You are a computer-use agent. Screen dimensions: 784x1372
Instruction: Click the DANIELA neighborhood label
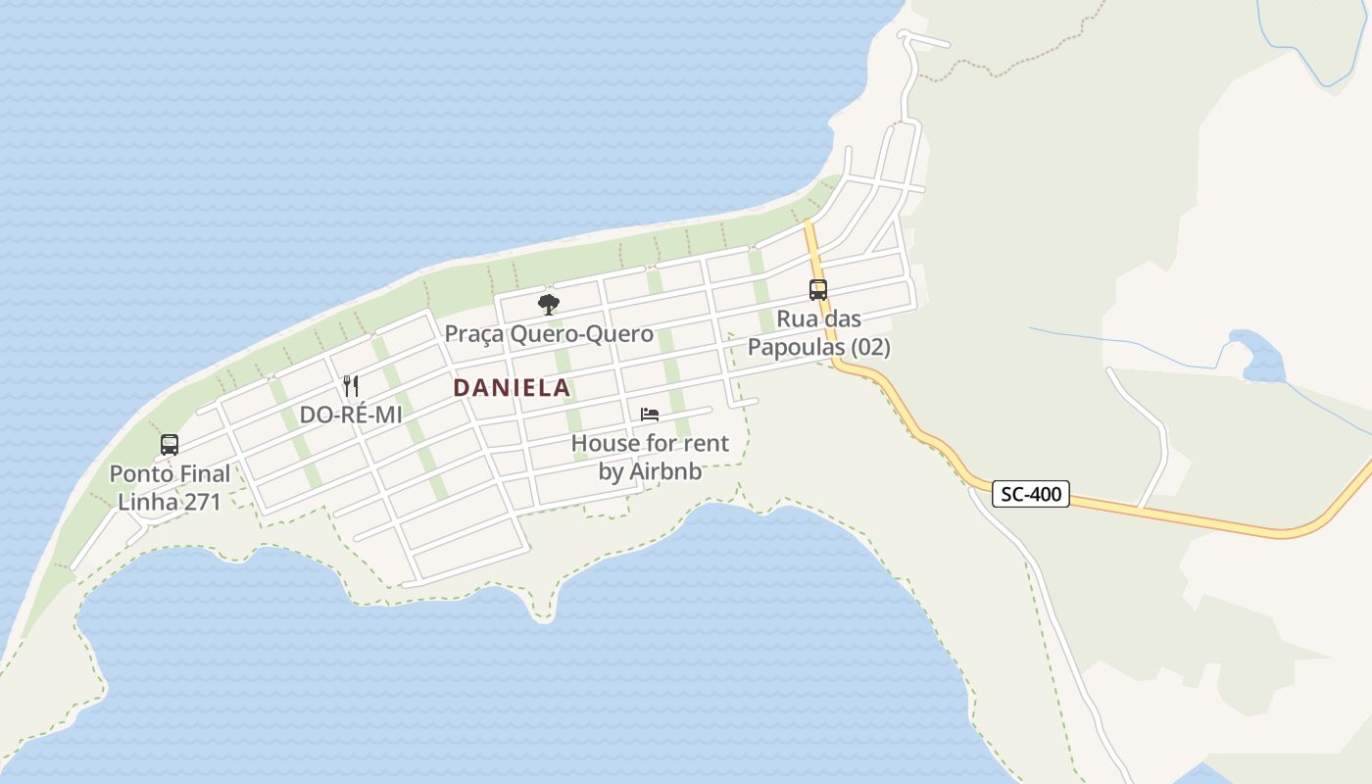[x=512, y=388]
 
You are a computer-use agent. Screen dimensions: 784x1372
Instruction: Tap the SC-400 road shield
[x=1032, y=494]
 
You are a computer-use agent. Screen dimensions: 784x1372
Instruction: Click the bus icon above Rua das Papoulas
[x=817, y=289]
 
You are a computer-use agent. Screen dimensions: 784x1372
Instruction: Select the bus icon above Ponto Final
[x=170, y=445]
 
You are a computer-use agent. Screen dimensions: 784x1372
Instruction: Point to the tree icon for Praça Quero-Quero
[x=549, y=304]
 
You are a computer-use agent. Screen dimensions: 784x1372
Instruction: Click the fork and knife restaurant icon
[x=351, y=385]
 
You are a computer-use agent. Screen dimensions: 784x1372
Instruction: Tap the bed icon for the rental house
[x=649, y=415]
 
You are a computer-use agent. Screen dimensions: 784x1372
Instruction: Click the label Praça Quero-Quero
[x=549, y=334]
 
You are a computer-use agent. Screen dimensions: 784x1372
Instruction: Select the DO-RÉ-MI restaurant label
[x=351, y=415]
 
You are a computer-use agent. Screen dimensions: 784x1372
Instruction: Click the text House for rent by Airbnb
[x=650, y=457]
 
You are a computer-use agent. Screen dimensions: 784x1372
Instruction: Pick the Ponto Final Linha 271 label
[x=170, y=488]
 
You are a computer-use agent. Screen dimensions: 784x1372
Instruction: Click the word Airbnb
[x=665, y=471]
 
